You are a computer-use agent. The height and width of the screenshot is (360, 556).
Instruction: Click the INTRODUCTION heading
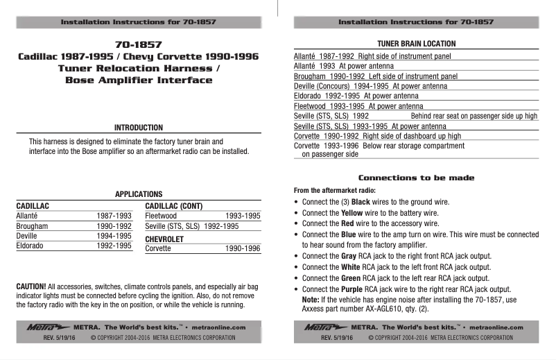tap(139, 128)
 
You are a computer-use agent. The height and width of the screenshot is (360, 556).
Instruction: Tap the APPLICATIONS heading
tap(139, 195)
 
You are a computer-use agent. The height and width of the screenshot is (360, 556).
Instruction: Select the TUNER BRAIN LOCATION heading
tap(416, 44)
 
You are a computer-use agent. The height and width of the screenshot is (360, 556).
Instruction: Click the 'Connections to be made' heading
tap(416, 178)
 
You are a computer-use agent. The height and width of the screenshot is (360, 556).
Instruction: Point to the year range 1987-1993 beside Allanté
tap(114, 216)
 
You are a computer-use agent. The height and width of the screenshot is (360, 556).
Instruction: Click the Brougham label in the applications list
tap(32, 226)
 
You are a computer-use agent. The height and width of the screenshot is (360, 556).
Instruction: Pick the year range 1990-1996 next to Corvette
tap(243, 248)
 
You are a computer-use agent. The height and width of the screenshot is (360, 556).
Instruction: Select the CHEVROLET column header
tap(164, 238)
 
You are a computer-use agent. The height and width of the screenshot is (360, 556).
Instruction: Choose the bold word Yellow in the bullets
tap(354, 213)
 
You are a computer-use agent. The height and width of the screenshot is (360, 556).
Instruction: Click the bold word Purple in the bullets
tap(354, 289)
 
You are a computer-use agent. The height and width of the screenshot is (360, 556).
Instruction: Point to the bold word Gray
tap(349, 256)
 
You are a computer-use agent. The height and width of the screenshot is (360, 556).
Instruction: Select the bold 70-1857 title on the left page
tap(139, 43)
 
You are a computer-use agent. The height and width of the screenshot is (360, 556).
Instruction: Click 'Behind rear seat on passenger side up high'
tap(474, 117)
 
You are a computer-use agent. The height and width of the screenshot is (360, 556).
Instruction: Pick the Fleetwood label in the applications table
tap(161, 216)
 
